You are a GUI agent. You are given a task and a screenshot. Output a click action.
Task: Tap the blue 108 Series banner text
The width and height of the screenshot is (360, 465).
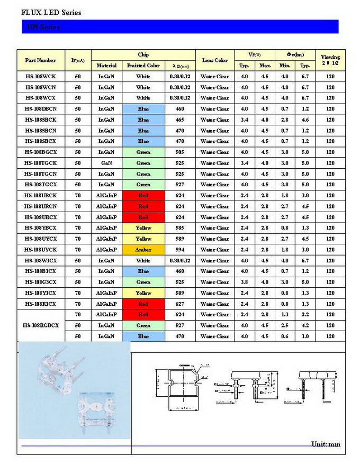coord(43,27)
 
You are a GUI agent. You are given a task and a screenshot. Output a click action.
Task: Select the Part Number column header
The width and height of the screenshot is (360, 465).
coord(40,60)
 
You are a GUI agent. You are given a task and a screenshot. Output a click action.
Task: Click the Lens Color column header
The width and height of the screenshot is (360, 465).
coord(214,60)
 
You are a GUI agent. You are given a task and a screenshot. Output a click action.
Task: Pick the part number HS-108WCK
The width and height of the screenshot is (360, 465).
coord(40,77)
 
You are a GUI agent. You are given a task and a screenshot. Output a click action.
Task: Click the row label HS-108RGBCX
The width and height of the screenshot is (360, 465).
coord(40,325)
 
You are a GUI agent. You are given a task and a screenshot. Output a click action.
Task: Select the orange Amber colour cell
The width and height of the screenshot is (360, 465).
coord(143,250)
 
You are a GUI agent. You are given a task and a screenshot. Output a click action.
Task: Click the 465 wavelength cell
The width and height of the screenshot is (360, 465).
coord(180,120)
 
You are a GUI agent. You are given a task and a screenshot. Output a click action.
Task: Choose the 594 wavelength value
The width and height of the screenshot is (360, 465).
coord(180,250)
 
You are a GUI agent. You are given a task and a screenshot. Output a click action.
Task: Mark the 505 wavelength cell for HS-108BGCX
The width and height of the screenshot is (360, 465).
coord(180,152)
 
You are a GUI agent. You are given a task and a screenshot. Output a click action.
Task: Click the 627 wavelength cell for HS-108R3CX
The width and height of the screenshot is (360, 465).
coord(180,304)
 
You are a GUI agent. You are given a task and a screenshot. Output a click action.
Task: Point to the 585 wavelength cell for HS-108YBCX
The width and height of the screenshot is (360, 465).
coord(180,228)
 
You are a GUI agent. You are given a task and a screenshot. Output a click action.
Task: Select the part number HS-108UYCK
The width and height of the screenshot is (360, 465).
coord(40,250)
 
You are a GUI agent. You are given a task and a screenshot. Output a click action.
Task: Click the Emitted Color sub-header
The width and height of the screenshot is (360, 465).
coord(143,66)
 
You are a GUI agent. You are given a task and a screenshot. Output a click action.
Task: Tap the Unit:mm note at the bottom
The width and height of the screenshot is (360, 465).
coord(326,444)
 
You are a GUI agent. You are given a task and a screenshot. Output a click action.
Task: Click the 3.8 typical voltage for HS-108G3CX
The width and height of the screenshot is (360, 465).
coord(244,282)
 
